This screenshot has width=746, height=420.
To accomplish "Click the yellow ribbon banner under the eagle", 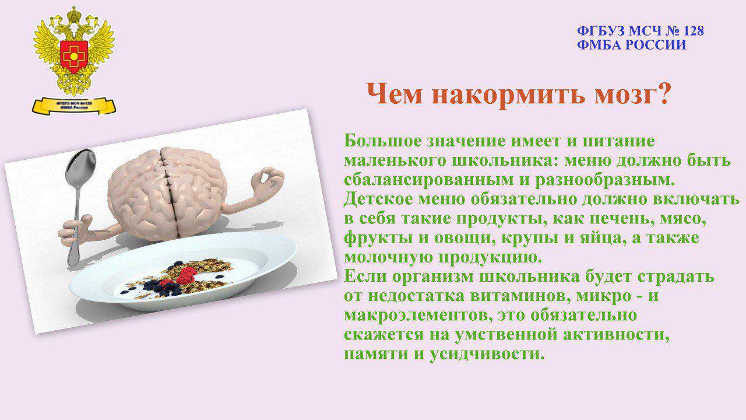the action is click(x=74, y=106).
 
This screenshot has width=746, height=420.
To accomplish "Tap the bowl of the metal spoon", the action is click(x=81, y=165).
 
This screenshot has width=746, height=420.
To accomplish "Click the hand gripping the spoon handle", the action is click(x=76, y=230).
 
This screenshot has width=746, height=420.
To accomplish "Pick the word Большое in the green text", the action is click(x=382, y=141).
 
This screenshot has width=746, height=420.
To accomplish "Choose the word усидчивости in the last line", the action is click(x=487, y=354).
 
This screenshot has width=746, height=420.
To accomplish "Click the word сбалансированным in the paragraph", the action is click(x=429, y=180).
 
